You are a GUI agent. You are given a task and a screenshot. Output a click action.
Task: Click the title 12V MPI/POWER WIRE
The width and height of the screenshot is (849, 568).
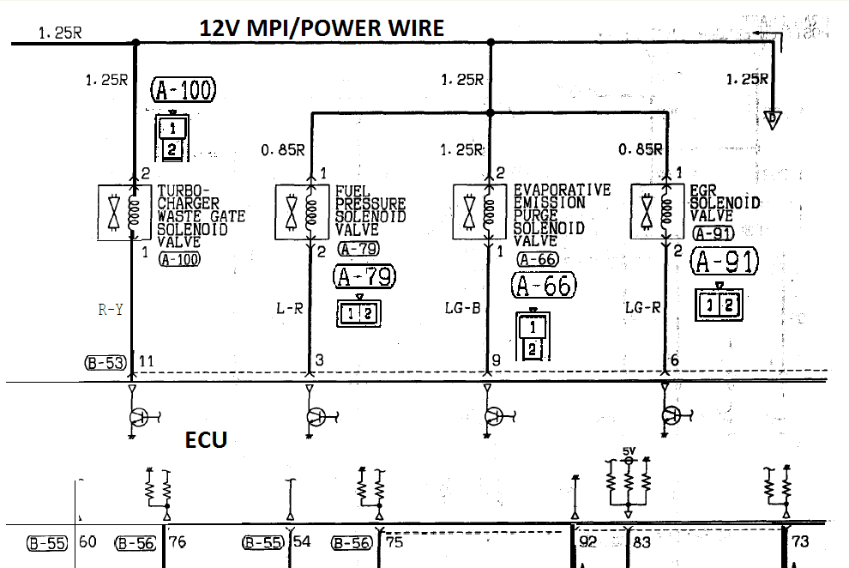(x=322, y=27)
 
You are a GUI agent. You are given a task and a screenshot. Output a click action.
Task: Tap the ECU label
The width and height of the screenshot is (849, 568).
(x=206, y=439)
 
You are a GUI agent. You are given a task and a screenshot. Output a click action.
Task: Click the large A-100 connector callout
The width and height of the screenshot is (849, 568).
(x=183, y=90)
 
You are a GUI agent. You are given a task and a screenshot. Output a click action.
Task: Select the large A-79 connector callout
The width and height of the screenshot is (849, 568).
(x=364, y=276)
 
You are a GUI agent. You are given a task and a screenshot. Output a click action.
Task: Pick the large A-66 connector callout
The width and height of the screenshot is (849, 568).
(x=544, y=286)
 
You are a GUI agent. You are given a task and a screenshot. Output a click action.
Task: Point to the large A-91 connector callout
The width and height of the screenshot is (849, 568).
(x=725, y=261)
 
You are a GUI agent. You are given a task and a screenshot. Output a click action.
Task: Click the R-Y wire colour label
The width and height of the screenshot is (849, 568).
(x=111, y=310)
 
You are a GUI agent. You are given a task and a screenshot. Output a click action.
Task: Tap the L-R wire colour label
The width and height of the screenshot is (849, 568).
(x=290, y=309)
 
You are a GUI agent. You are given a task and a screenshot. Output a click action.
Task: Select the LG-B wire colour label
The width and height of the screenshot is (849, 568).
(x=462, y=308)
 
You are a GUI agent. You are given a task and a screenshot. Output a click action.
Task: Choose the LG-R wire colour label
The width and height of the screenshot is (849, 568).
(x=642, y=307)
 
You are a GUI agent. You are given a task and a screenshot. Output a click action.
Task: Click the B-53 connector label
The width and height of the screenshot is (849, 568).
(x=105, y=363)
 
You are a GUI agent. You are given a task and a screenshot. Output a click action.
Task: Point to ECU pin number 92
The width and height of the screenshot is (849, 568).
(x=588, y=542)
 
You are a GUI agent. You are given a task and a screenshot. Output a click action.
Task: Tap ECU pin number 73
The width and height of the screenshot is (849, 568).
(x=800, y=541)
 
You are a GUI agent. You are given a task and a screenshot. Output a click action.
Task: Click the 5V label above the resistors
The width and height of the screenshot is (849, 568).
(x=629, y=451)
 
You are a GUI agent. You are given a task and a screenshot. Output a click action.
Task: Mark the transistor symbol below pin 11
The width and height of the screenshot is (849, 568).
(x=139, y=417)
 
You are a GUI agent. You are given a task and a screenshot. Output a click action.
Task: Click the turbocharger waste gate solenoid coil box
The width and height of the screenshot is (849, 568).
(x=124, y=213)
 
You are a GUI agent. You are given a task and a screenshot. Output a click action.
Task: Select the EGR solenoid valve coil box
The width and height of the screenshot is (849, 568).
(x=657, y=212)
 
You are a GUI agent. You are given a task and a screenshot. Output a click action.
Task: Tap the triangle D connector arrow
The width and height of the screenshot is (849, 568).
(x=773, y=119)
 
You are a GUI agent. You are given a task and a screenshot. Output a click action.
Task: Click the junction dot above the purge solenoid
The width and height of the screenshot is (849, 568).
(x=491, y=112)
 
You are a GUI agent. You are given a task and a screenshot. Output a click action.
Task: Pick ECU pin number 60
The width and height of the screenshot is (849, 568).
(x=87, y=542)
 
